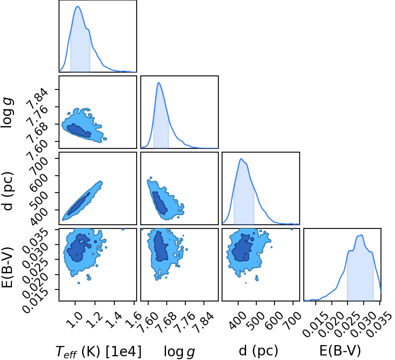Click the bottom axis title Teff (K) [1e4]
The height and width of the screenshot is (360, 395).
click(99, 351)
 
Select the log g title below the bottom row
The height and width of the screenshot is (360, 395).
click(180, 351)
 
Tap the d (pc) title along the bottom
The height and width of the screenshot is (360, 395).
click(258, 351)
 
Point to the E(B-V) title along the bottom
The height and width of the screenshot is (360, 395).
click(340, 351)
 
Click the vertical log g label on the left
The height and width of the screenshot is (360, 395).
click(7, 113)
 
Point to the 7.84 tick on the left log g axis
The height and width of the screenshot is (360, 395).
click(39, 97)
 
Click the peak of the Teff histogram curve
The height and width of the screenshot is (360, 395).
click(78, 6)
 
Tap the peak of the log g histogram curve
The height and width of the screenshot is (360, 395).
click(158, 82)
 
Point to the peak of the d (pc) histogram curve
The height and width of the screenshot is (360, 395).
click(241, 159)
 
